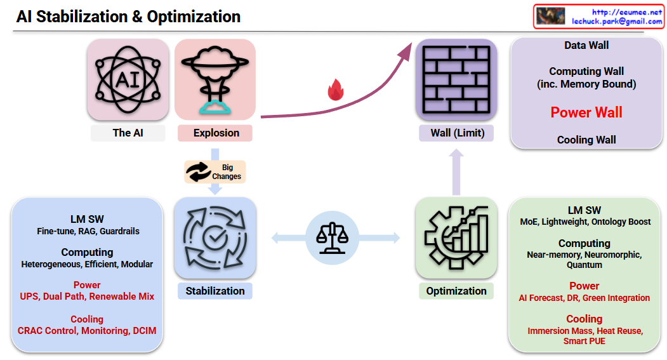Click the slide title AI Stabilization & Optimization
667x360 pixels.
click(128, 17)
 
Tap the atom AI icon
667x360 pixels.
click(128, 79)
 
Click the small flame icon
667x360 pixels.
click(335, 91)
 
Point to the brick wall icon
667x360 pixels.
click(456, 79)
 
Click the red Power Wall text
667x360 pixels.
click(586, 113)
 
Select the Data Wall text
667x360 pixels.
click(586, 46)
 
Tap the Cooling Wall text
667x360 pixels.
click(586, 140)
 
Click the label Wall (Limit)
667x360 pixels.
click(456, 133)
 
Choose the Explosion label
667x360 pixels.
click(216, 133)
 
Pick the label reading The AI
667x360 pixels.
click(128, 133)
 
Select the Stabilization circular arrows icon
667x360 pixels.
click(215, 237)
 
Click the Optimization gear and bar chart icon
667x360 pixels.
click(456, 237)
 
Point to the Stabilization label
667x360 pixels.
click(215, 291)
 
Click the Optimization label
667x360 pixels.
click(456, 291)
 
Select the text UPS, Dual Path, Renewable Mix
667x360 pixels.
click(87, 297)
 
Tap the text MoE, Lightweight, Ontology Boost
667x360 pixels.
click(584, 222)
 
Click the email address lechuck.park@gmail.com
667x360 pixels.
click(617, 21)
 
